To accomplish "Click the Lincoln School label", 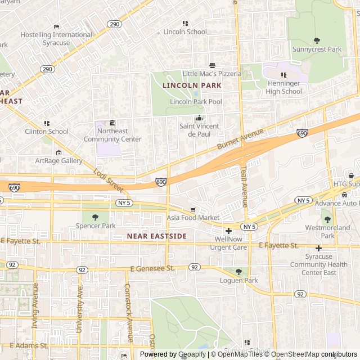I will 185,32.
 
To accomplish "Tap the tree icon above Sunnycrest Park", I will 317,40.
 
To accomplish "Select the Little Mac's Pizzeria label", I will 211,74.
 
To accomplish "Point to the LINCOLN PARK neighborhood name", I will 192,85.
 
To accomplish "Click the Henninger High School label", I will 284,88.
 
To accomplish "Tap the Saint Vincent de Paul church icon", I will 199,118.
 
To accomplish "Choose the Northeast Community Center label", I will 112,136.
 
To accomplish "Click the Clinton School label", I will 47,132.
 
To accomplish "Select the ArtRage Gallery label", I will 59,161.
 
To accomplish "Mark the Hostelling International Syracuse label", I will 56,39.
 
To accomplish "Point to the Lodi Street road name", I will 108,179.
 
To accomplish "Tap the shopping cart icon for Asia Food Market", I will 193,209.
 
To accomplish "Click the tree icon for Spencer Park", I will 95,217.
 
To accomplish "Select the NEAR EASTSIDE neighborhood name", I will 156,236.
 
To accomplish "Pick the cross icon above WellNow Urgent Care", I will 228,231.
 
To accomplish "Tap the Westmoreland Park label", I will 327,232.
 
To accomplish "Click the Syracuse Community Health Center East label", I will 319,265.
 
